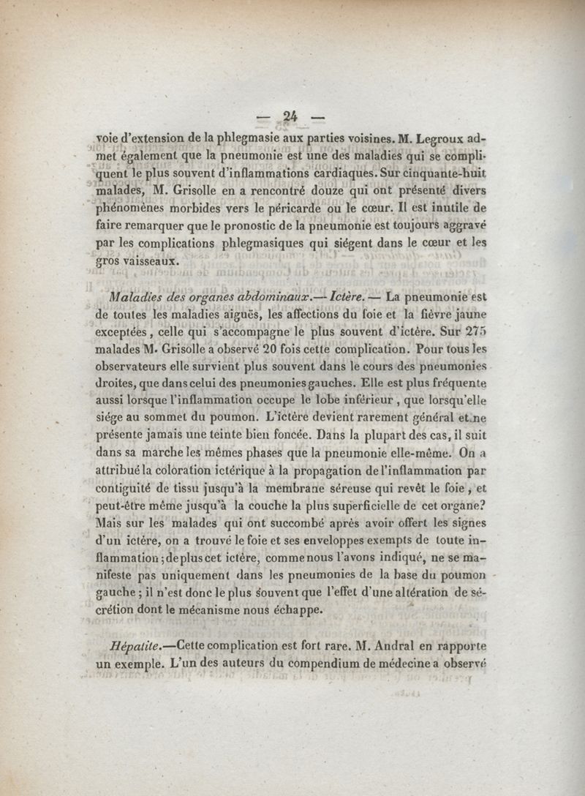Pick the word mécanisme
pos(239,611)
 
